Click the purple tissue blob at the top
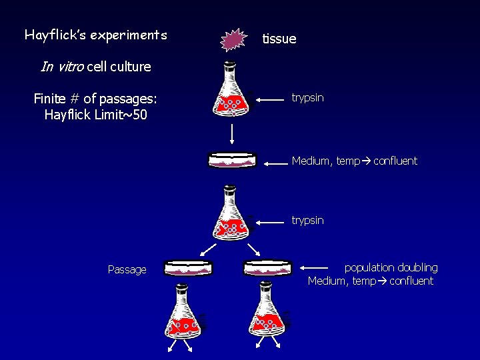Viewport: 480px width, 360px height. (x=233, y=41)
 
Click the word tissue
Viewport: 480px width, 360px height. (x=279, y=39)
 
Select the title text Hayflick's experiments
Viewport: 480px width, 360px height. (x=95, y=35)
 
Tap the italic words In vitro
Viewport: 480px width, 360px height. (x=62, y=67)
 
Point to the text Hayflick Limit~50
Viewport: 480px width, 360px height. (x=95, y=115)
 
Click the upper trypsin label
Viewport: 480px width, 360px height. (x=307, y=98)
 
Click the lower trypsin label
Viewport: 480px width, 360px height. (x=307, y=220)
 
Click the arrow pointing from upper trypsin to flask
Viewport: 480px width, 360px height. (x=270, y=99)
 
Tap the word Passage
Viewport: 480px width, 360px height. (x=127, y=270)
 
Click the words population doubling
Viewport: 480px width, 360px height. (x=391, y=267)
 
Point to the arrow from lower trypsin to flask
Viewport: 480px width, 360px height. (x=270, y=221)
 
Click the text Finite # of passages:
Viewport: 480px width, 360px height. (x=95, y=99)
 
